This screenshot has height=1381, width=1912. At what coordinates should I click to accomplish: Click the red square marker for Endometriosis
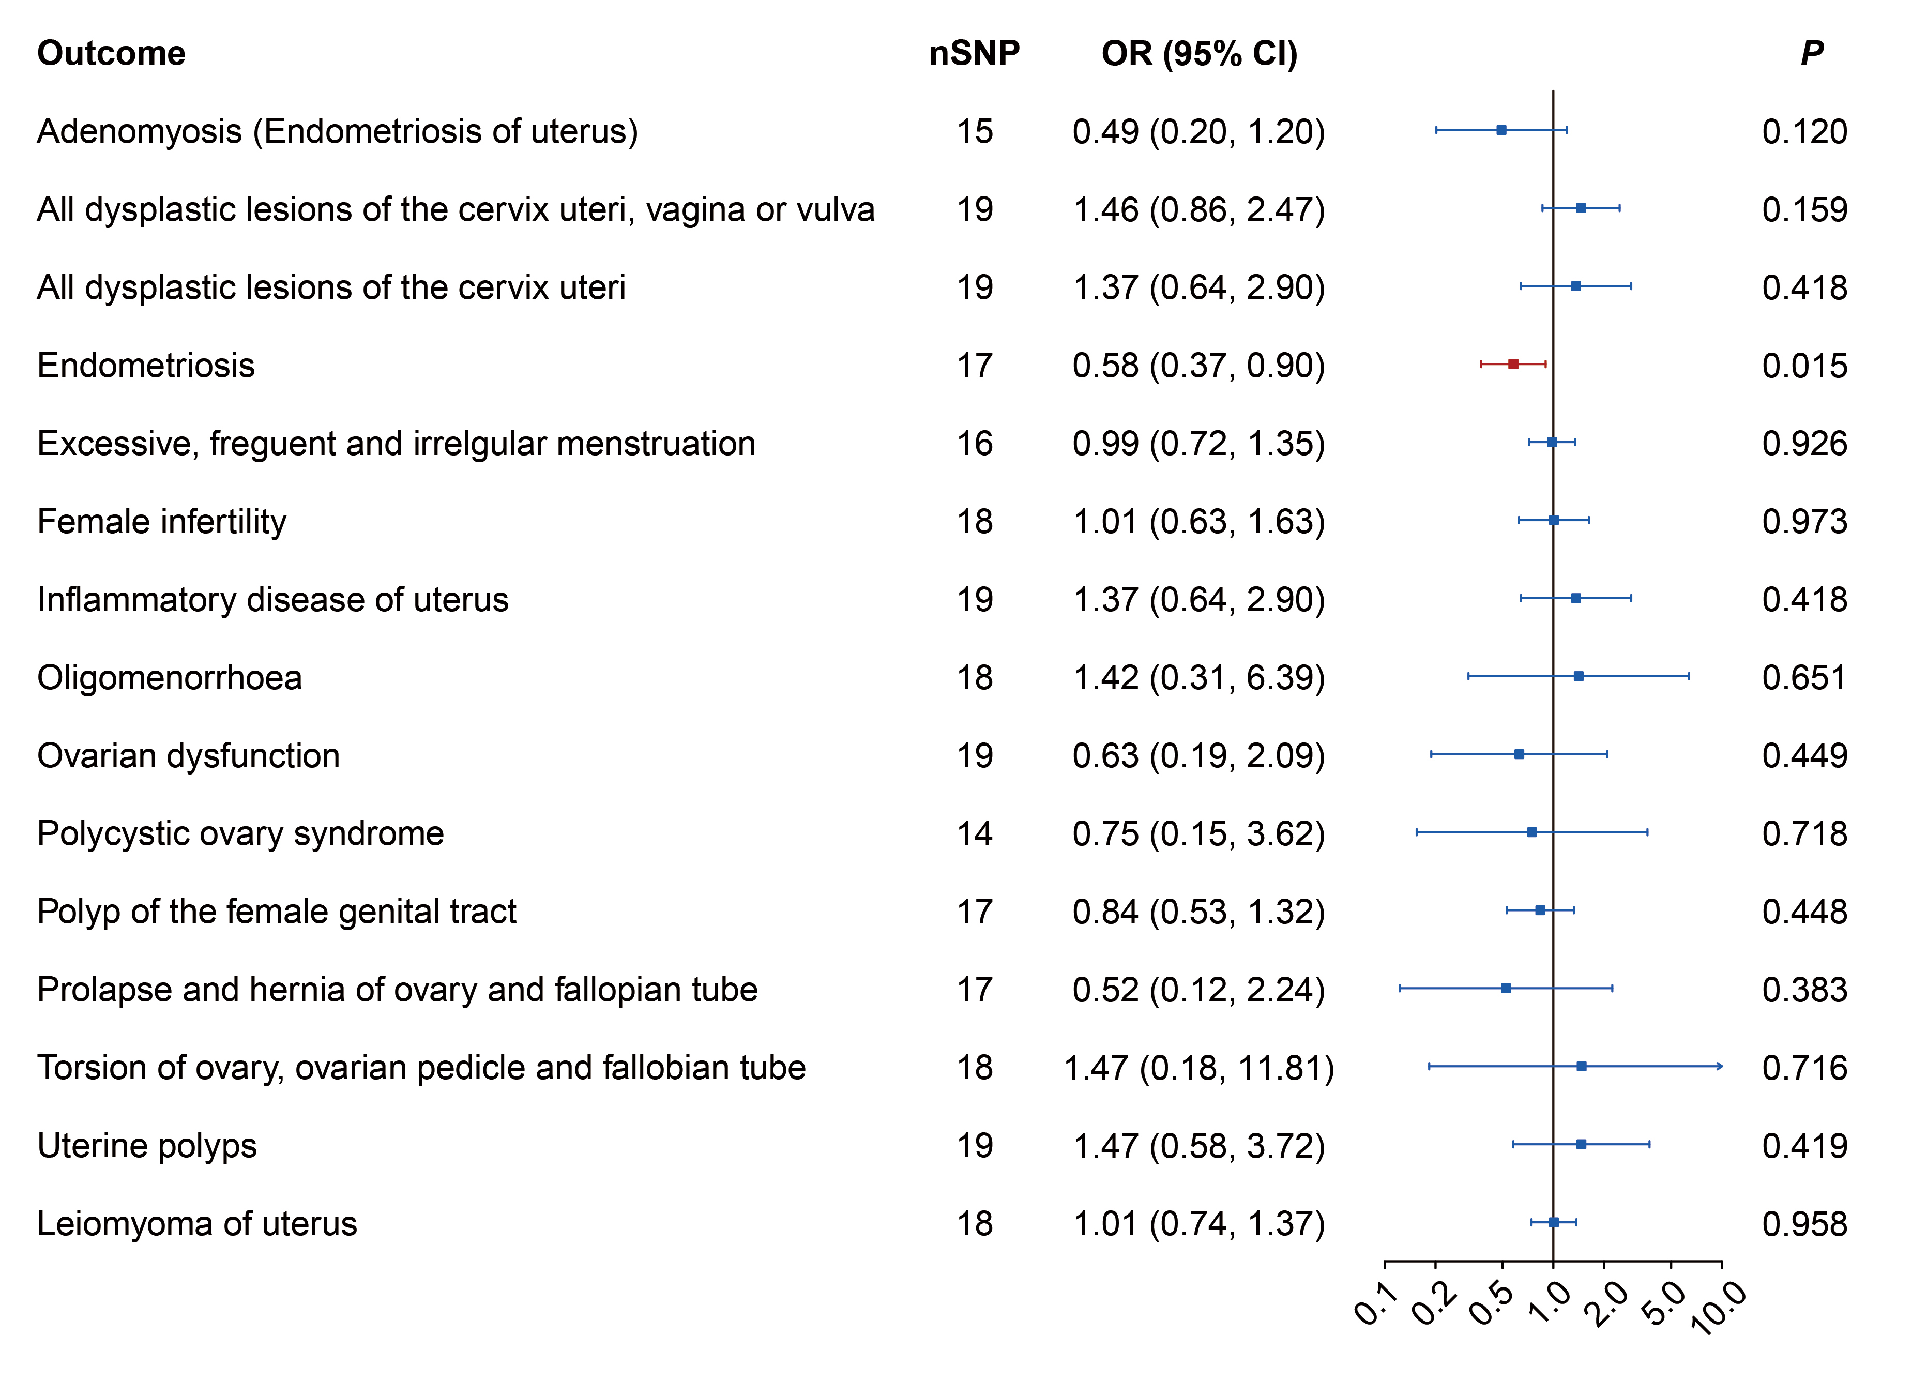click(1513, 364)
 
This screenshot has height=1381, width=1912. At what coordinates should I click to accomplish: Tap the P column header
click(1812, 53)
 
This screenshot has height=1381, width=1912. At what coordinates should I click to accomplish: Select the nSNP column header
click(975, 53)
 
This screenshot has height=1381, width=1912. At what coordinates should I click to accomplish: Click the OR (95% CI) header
click(1200, 54)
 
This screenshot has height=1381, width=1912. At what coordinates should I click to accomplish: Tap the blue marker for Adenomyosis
click(1501, 130)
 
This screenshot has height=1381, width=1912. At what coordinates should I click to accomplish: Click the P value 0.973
click(1805, 522)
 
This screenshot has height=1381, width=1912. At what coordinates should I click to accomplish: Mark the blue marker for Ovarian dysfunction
click(1519, 754)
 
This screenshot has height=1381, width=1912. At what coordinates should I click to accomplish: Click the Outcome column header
click(111, 53)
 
